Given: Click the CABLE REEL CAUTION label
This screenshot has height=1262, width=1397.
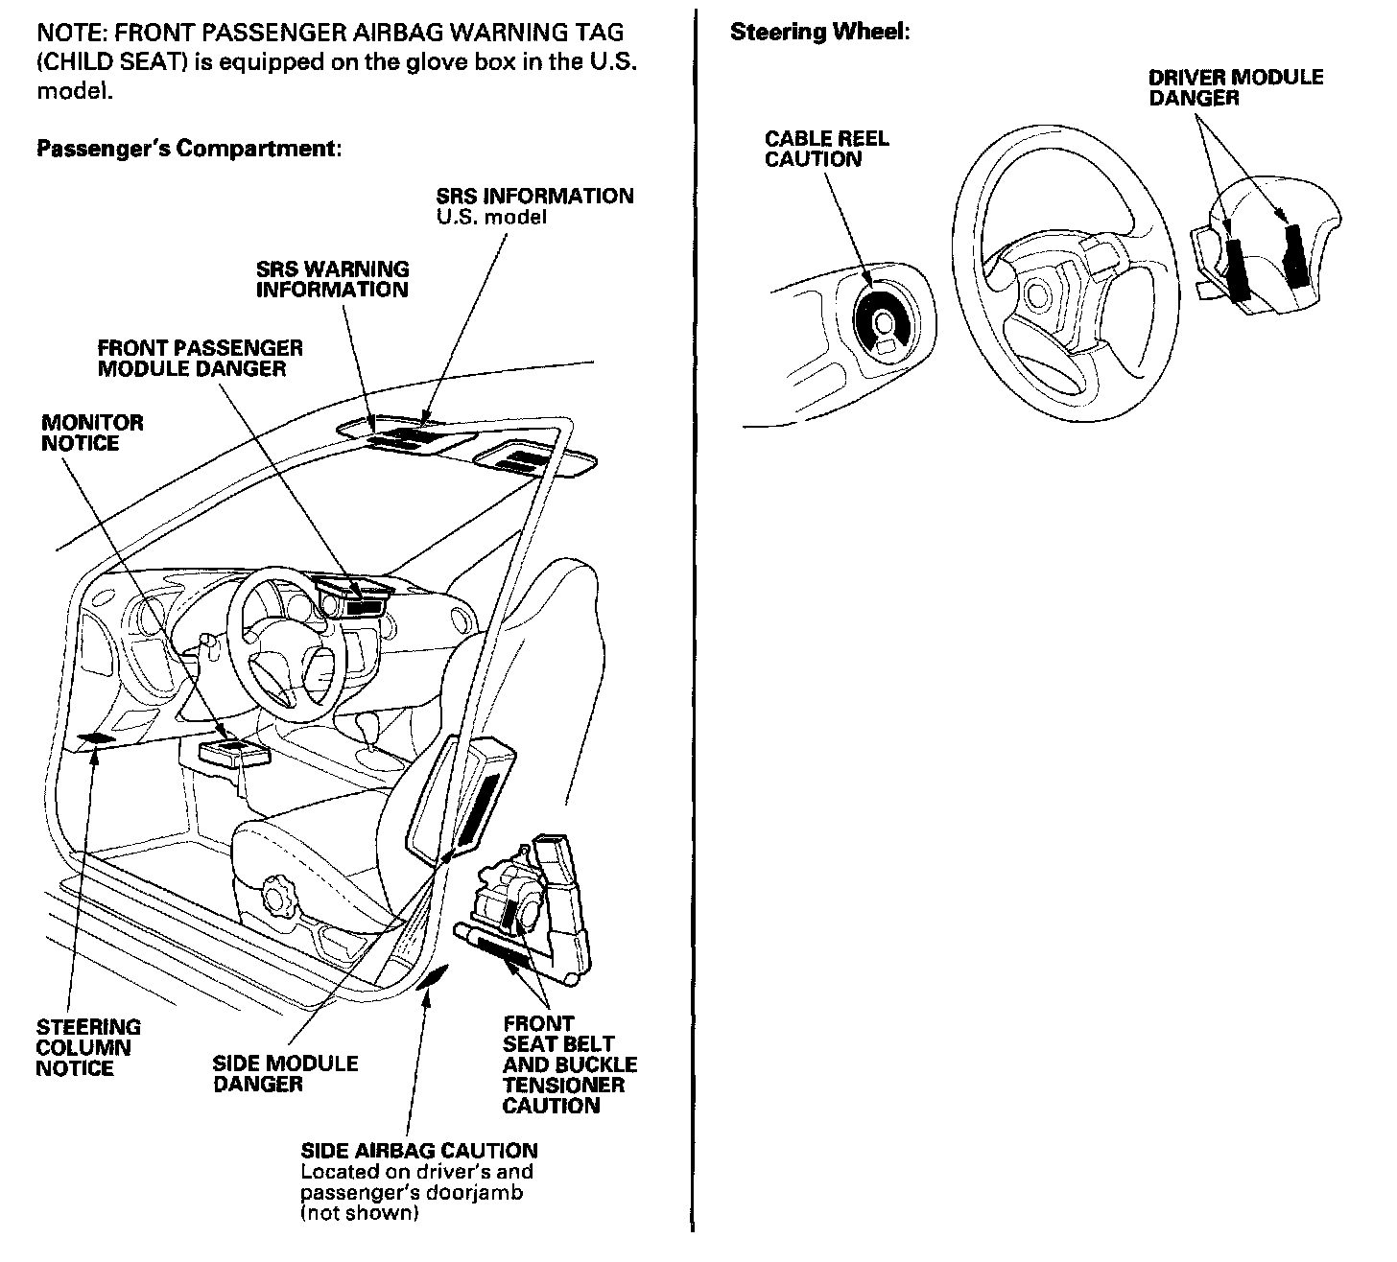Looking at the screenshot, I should (826, 149).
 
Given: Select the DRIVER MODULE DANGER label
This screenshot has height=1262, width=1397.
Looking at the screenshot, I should (1235, 87).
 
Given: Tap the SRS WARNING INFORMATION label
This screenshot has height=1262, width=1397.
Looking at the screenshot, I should (331, 279).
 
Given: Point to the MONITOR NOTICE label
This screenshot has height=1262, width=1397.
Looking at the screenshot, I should (92, 432).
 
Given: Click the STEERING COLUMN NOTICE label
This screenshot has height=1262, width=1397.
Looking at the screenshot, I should (87, 1047).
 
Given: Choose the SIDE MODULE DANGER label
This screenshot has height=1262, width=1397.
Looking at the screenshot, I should (285, 1073).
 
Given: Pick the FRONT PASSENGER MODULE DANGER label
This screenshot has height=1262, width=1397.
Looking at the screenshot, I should (200, 358).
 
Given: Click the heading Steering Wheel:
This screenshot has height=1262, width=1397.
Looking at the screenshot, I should (819, 32).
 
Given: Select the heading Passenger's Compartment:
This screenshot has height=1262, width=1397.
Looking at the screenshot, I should (189, 149).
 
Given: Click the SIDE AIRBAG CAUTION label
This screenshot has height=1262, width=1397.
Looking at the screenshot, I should (419, 1151).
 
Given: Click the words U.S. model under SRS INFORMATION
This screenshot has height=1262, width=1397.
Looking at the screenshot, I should (490, 217).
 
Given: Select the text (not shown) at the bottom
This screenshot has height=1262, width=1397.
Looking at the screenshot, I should (359, 1213).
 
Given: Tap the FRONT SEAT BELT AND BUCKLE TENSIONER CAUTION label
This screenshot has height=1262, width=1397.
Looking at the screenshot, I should (569, 1064).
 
